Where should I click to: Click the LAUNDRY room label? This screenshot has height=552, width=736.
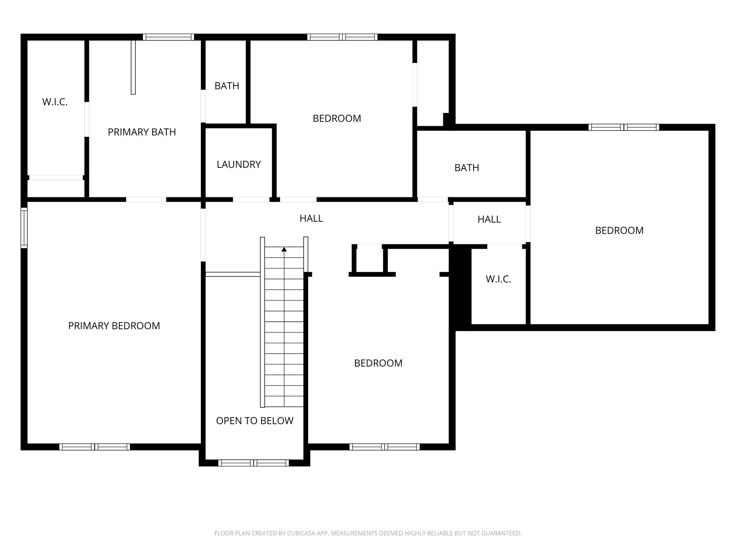tap(239, 165)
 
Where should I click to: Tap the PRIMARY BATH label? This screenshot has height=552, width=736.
tap(142, 132)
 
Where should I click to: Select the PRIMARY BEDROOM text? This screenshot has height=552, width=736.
tap(114, 326)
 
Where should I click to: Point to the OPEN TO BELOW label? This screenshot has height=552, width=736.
tap(255, 421)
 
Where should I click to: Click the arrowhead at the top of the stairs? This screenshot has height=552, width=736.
tap(284, 249)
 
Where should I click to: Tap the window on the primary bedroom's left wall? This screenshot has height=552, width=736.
tap(24, 228)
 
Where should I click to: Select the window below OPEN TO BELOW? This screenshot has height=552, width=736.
tap(254, 463)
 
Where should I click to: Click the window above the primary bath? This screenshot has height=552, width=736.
tap(168, 37)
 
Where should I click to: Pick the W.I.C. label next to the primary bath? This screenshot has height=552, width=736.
tap(55, 102)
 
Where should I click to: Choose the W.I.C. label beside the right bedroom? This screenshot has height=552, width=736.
tap(498, 279)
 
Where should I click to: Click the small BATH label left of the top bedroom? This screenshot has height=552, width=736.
tap(227, 86)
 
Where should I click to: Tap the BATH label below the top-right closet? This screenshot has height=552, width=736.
tap(467, 168)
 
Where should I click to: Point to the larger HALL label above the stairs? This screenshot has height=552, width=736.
tap(311, 218)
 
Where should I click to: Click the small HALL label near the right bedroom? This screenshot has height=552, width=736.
tap(489, 220)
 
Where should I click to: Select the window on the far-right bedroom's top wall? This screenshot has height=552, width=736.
tap(624, 127)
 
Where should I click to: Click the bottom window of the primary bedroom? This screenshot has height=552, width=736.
tap(95, 447)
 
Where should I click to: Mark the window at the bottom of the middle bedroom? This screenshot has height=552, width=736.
tap(385, 447)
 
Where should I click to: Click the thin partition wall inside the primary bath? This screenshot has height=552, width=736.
tap(133, 67)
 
